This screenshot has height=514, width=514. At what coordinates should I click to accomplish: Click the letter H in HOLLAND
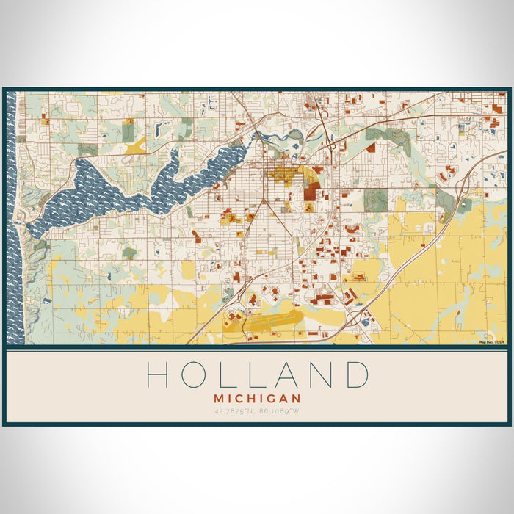tap(158, 374)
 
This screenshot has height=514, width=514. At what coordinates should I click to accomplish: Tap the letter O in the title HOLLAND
tap(194, 374)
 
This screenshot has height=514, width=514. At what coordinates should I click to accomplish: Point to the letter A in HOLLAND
tap(288, 374)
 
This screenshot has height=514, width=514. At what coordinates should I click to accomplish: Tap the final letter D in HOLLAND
tap(357, 374)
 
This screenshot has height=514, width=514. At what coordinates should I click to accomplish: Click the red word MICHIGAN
tap(257, 398)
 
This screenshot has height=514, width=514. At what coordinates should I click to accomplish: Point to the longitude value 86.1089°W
tap(279, 410)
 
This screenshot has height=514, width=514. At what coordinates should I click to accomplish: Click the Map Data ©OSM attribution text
tap(492, 342)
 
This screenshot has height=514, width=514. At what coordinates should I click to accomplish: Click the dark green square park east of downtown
tap(376, 200)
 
